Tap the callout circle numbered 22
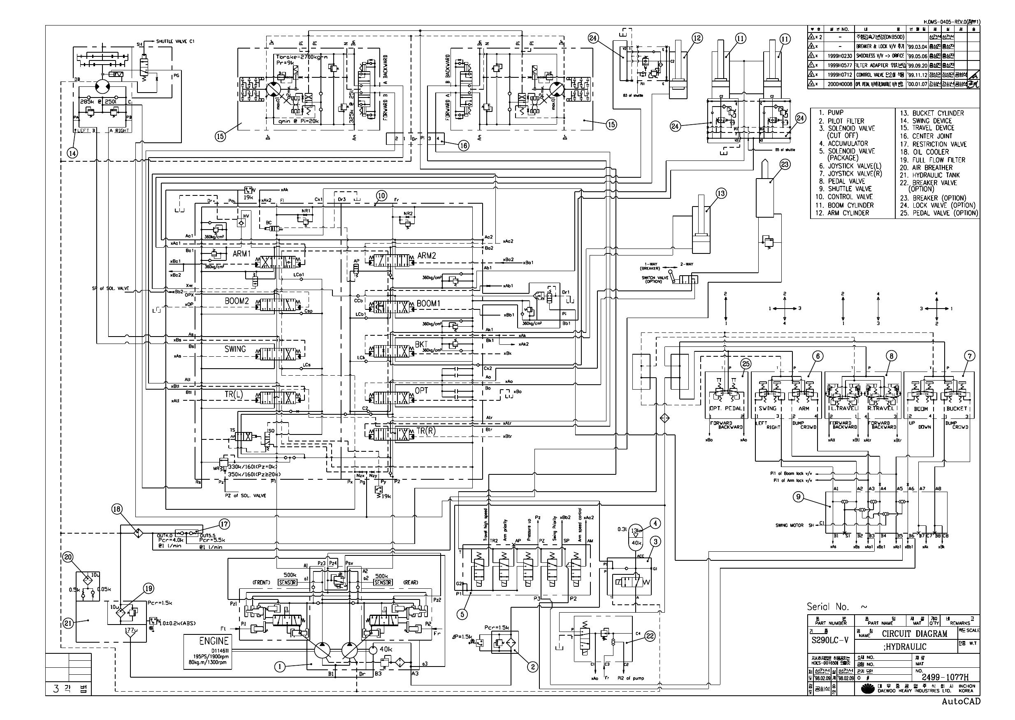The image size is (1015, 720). click(x=649, y=636)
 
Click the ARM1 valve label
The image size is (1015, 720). click(x=242, y=253)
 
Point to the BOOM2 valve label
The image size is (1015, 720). click(x=236, y=301)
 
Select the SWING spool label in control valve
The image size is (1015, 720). click(x=235, y=349)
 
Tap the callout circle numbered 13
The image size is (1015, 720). click(x=721, y=193)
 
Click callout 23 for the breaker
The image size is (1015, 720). click(x=784, y=165)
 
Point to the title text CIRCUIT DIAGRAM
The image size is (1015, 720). click(x=914, y=634)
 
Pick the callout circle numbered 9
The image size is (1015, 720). click(x=798, y=497)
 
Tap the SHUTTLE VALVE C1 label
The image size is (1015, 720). click(x=175, y=41)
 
